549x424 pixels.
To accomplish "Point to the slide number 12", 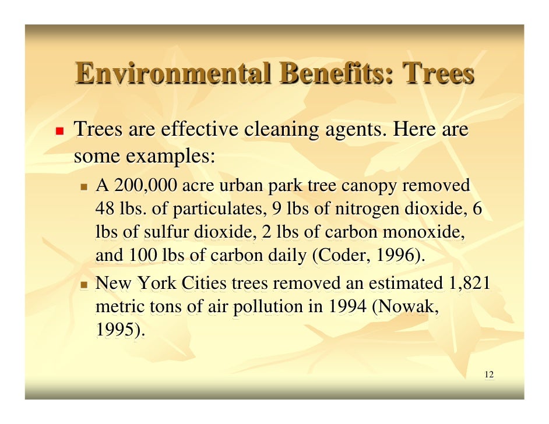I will click(488, 374).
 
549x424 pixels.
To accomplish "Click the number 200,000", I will click(146, 186).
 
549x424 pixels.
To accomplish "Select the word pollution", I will click(270, 307).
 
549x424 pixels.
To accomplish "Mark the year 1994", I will click(346, 307).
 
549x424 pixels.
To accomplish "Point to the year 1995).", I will click(119, 330).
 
